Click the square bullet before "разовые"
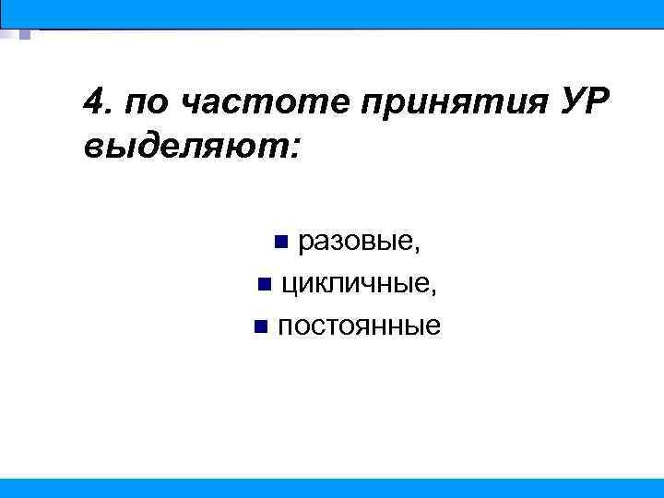coord(282,243)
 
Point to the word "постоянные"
coord(359,326)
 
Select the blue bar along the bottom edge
coord(332,488)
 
